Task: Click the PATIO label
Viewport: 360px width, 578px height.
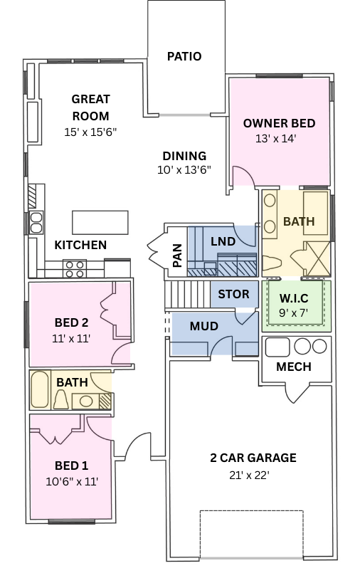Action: (184, 56)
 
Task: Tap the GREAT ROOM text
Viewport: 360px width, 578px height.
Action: (90, 107)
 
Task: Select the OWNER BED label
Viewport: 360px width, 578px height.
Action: (279, 123)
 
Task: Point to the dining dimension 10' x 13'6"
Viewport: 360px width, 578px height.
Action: (184, 170)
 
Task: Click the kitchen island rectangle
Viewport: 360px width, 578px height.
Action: (100, 222)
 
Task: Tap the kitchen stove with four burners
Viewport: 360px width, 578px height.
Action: (75, 268)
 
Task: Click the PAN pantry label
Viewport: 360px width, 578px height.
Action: (177, 256)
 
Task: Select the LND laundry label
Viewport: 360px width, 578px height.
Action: (223, 241)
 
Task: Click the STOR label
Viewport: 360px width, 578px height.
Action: (233, 294)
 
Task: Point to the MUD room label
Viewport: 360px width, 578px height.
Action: (203, 327)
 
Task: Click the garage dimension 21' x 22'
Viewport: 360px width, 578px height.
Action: (249, 475)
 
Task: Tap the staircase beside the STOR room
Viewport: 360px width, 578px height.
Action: (187, 293)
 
